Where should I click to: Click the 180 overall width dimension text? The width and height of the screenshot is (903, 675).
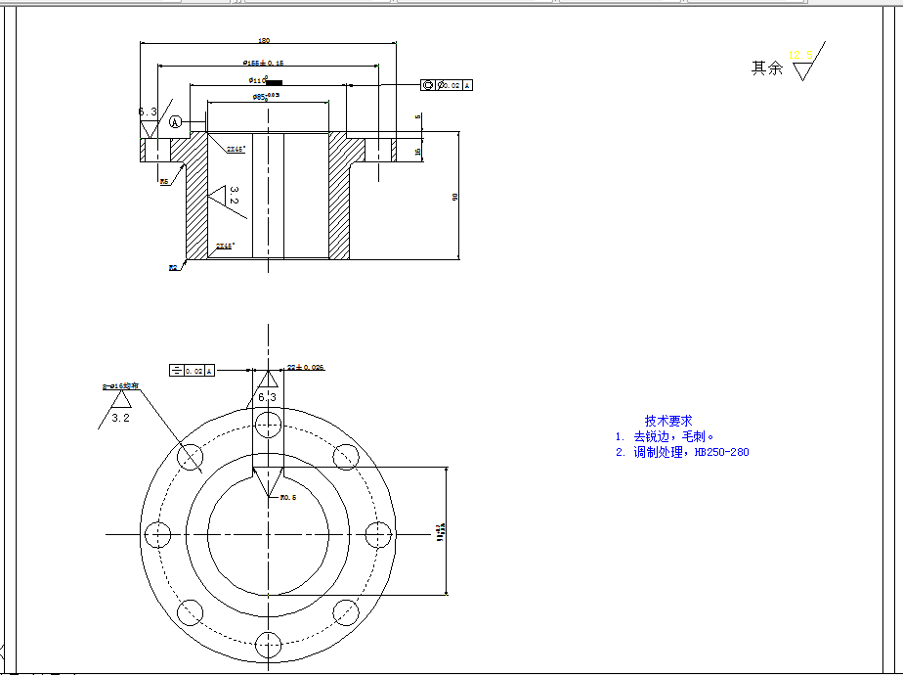pos(264,41)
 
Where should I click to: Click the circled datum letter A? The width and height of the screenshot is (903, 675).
pos(175,122)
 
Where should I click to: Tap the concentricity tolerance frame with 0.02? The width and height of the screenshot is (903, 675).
pos(448,85)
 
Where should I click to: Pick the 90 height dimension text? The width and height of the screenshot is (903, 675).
pos(454,197)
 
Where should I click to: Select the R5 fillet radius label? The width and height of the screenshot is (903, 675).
pos(164,181)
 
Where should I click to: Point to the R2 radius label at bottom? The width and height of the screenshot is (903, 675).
pos(173,266)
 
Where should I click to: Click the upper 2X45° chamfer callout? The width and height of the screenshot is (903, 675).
pos(236,150)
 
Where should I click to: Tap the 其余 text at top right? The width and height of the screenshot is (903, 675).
pos(766,68)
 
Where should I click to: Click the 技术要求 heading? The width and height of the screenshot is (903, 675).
pos(668,421)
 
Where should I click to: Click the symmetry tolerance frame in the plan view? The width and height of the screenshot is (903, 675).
pos(192,371)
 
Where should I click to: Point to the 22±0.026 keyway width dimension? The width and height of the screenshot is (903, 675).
pos(305,367)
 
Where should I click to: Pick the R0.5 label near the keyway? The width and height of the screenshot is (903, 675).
pos(288,497)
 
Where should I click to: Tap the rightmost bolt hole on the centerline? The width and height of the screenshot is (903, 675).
pos(378,535)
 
